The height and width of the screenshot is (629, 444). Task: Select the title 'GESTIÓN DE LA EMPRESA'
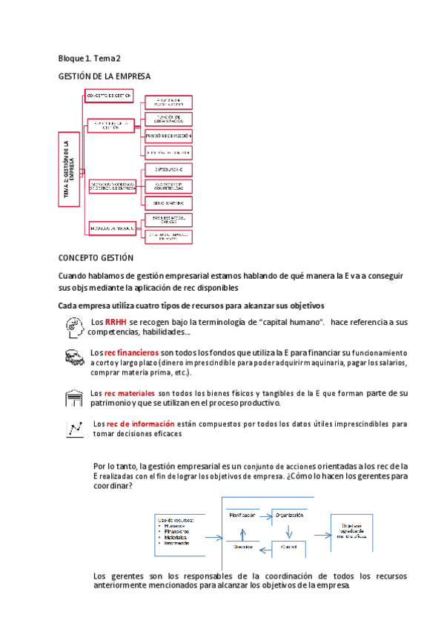(104, 76)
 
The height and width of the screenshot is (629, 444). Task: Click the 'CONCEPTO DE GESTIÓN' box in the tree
(109, 96)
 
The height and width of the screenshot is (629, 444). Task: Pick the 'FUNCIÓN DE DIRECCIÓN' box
(168, 136)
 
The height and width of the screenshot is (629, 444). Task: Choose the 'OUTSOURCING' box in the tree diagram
(168, 170)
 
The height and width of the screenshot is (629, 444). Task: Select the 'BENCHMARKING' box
(168, 202)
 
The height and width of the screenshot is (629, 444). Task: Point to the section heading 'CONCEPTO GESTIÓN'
(95, 257)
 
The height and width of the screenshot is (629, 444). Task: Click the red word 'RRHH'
(116, 323)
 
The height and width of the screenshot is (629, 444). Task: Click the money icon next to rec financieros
(73, 358)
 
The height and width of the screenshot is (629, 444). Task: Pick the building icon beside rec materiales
(73, 398)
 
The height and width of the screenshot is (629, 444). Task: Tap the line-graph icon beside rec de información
(75, 429)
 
